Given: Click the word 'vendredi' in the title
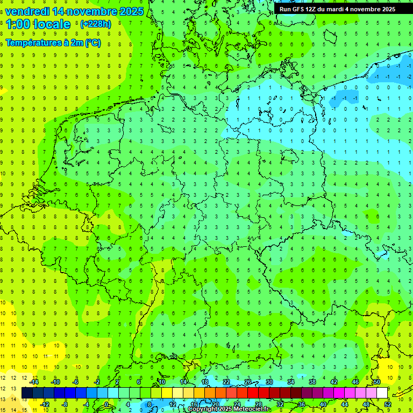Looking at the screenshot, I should click(28, 11).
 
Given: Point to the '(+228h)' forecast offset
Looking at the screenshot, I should click(95, 24).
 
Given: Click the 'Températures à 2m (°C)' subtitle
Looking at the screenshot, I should click(53, 42).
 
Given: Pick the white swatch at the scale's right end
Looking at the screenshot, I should click(382, 393).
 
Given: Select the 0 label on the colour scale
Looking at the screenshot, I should click(107, 404).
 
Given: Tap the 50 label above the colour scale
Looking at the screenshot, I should click(377, 382).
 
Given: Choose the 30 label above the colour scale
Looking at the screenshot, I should click(269, 382).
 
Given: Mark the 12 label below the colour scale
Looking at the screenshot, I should click(173, 404).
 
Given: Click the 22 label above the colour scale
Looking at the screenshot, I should click(226, 382).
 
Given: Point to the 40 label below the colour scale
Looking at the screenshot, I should click(323, 404).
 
